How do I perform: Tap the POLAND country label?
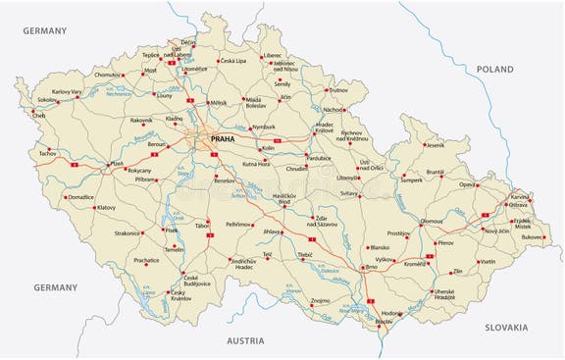point(495,69)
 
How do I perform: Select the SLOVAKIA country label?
point(505,327)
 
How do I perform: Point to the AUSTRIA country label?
point(245,340)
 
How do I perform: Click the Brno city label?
point(371,267)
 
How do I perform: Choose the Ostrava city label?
point(519,204)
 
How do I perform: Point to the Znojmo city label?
point(321,300)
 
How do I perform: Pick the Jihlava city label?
point(272,231)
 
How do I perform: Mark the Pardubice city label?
point(319,157)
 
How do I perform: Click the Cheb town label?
point(39,116)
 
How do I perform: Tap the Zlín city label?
point(458,270)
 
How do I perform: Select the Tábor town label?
point(203,225)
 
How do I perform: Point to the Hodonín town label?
point(391,313)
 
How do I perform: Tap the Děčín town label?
point(188,43)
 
